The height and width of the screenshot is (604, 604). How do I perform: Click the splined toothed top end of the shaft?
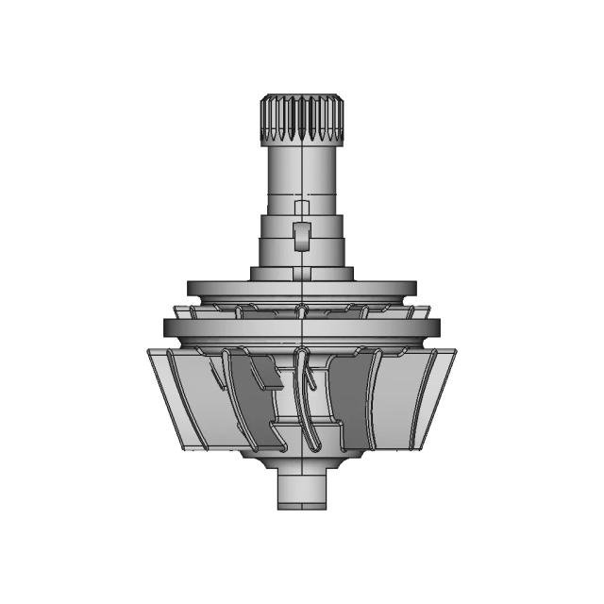pyautogui.click(x=301, y=118)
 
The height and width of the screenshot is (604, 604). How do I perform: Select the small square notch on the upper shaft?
pyautogui.click(x=301, y=208)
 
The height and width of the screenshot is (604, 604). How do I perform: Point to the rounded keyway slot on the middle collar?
pyautogui.click(x=300, y=235)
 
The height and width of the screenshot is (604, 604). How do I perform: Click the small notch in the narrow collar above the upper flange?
pyautogui.click(x=300, y=274)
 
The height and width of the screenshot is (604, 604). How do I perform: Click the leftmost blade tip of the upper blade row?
pyautogui.click(x=178, y=310)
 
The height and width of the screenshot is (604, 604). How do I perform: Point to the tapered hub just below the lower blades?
pyautogui.click(x=301, y=461)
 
